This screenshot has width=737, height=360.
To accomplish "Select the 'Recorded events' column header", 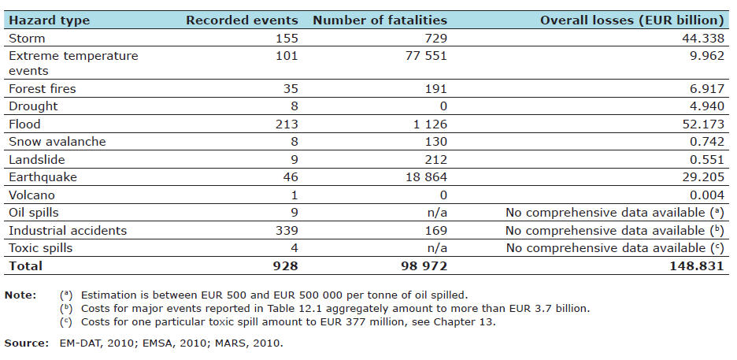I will tap(242, 20).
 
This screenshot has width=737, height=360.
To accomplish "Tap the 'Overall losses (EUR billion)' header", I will tap(632, 20).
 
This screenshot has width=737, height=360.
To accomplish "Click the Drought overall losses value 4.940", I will tap(706, 107).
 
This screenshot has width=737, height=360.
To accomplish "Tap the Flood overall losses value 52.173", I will tap(703, 124).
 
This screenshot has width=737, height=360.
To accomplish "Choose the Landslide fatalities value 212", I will tap(435, 159).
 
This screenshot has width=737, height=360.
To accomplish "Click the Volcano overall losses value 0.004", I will tap(706, 195).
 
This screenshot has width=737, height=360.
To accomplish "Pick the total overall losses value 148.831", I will tap(698, 266).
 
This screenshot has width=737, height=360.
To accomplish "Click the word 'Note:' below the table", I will tap(20, 294).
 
